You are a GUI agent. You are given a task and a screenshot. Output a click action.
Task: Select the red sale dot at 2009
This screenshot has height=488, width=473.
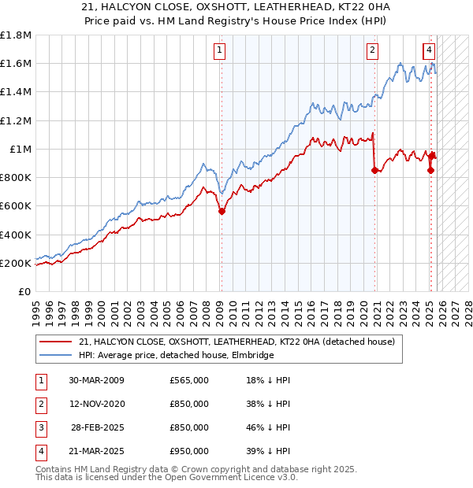[x=222, y=211]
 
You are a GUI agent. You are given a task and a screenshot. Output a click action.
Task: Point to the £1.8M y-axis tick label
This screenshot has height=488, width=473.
[x=16, y=35]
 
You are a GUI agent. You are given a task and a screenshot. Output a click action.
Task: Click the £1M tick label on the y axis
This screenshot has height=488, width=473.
[x=20, y=150]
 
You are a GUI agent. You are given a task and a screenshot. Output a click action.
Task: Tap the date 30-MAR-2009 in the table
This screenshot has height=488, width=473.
[x=97, y=380]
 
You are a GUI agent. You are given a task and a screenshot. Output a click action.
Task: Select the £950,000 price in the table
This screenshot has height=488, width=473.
[x=189, y=451]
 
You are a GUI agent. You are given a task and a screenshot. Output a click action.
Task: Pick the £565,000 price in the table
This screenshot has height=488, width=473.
[x=189, y=380]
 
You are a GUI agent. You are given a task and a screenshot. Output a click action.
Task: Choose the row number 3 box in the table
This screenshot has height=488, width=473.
[x=40, y=427]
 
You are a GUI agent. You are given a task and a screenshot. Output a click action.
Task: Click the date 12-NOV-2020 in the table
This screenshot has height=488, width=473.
[x=97, y=404]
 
